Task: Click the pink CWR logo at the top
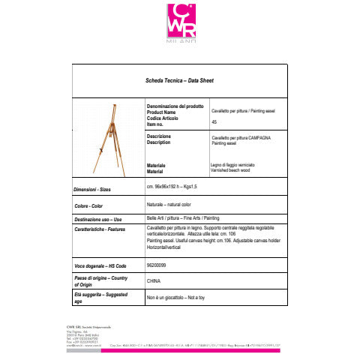(179, 22)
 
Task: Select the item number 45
(214, 121)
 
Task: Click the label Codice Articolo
(166, 118)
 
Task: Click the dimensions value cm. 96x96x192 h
(172, 185)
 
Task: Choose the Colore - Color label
(89, 205)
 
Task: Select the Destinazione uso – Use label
(97, 219)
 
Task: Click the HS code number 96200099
(158, 265)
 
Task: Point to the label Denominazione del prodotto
(175, 106)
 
